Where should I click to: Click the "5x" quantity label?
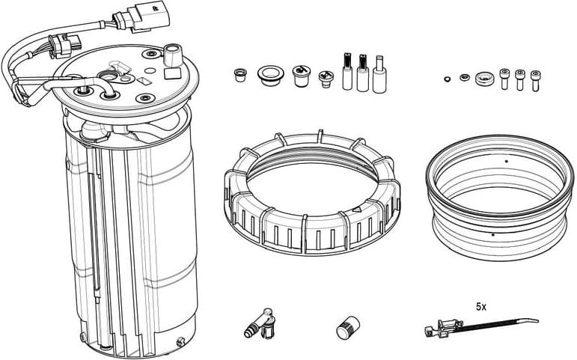pyautogui.click(x=481, y=307)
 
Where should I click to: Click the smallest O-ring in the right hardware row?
pyautogui.click(x=448, y=76)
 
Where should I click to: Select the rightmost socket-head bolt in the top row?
pyautogui.click(x=535, y=79)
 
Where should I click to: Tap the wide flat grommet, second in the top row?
pyautogui.click(x=269, y=73)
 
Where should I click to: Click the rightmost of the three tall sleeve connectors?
pyautogui.click(x=379, y=74)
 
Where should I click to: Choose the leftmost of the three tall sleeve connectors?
pyautogui.click(x=347, y=72)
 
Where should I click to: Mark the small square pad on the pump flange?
pyautogui.click(x=167, y=73)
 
